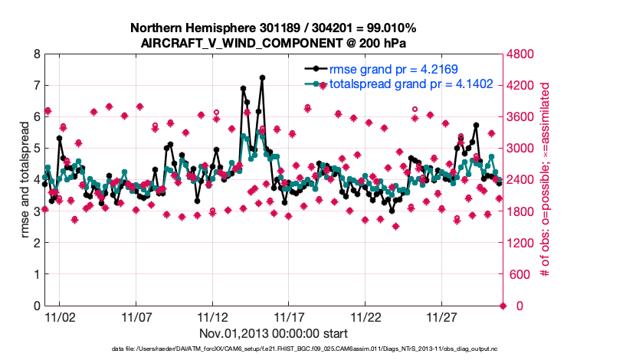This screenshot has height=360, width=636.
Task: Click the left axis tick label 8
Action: pyautogui.click(x=35, y=54)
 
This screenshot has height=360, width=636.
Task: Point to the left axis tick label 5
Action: pyautogui.click(x=35, y=149)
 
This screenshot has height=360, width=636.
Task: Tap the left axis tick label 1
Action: pyautogui.click(x=35, y=274)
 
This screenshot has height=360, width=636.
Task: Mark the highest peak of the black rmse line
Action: pyautogui.click(x=262, y=77)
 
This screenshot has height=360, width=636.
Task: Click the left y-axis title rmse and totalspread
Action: pyautogui.click(x=25, y=179)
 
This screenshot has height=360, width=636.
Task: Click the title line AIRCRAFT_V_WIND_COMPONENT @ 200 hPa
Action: pyautogui.click(x=274, y=42)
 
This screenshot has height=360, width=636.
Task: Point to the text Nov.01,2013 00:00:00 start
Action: pyautogui.click(x=274, y=333)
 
